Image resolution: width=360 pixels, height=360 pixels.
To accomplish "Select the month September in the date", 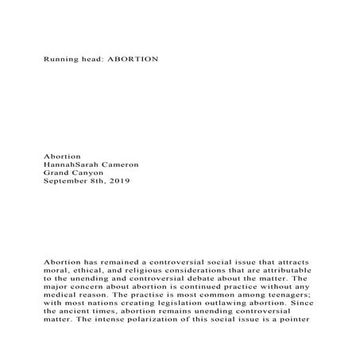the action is click(66, 181).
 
